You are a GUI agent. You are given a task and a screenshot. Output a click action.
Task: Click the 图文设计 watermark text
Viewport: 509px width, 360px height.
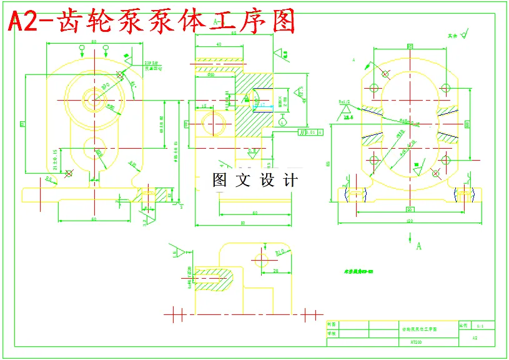point(255,181)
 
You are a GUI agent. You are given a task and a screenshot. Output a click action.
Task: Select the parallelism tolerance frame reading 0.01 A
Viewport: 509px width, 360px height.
point(310,132)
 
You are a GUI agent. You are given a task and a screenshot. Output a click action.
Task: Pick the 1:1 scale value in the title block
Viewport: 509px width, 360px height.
point(480,326)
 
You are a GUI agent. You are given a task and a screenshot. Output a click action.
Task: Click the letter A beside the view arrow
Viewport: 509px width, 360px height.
point(418,246)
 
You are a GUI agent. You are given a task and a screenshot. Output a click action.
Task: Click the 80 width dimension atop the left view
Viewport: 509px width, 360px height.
point(94,42)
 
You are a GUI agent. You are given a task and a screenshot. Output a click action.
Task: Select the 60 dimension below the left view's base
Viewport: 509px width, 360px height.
point(94,219)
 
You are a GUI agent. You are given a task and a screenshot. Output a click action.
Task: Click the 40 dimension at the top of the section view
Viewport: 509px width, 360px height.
point(218,45)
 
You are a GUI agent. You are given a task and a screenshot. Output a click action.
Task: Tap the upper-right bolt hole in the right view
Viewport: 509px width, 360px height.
point(445,87)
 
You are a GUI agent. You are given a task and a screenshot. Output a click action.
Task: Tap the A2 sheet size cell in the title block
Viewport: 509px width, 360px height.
point(475,337)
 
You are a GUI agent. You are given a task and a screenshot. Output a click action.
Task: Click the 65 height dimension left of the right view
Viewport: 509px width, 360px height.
point(329,164)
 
